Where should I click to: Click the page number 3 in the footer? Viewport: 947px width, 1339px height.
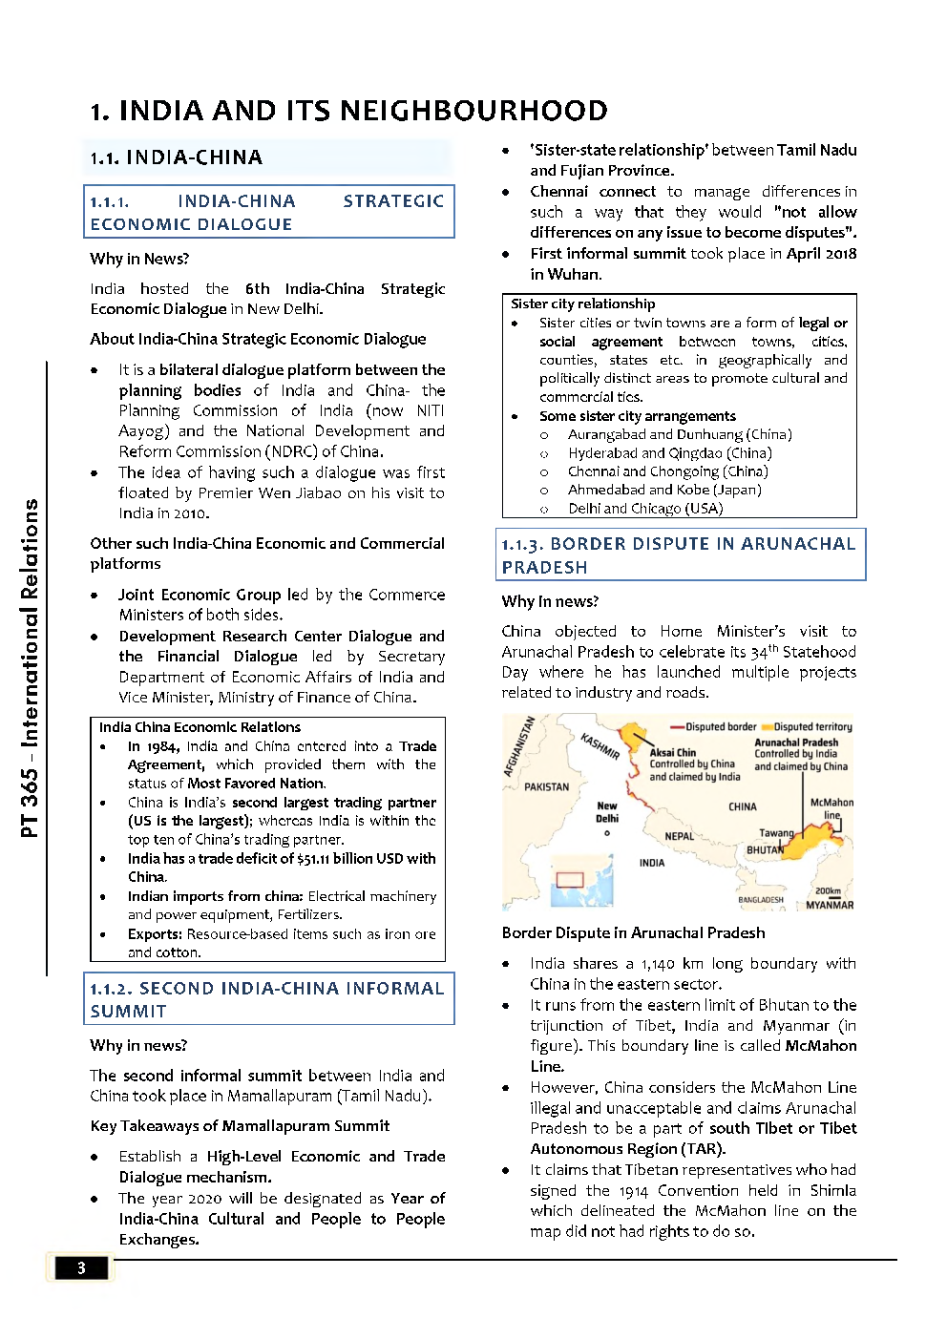pos(81,1267)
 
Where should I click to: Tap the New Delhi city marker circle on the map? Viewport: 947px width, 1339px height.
pos(607,833)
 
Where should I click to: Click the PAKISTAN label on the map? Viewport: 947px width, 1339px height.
pos(546,787)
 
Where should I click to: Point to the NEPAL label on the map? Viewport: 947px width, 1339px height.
pos(679,836)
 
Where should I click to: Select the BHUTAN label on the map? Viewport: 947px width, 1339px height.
pos(765,849)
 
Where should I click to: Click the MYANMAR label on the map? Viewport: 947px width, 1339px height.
pos(829,905)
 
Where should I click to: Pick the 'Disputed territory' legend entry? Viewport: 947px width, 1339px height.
pos(811,726)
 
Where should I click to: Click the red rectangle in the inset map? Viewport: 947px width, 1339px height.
pos(570,879)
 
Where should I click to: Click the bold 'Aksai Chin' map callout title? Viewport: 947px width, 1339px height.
pos(672,752)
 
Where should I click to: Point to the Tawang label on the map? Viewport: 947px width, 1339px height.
pos(775,833)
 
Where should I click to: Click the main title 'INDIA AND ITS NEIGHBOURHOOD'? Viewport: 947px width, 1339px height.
pos(348,111)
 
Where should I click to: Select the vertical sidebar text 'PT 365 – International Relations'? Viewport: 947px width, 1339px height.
pos(31,668)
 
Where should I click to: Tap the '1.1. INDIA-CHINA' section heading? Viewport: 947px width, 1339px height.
pos(177,157)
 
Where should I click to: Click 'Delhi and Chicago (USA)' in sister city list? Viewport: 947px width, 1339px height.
pos(645,509)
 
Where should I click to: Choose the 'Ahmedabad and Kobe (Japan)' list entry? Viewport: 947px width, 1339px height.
pos(664,490)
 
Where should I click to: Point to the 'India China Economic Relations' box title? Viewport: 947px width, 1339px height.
pos(200,727)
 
